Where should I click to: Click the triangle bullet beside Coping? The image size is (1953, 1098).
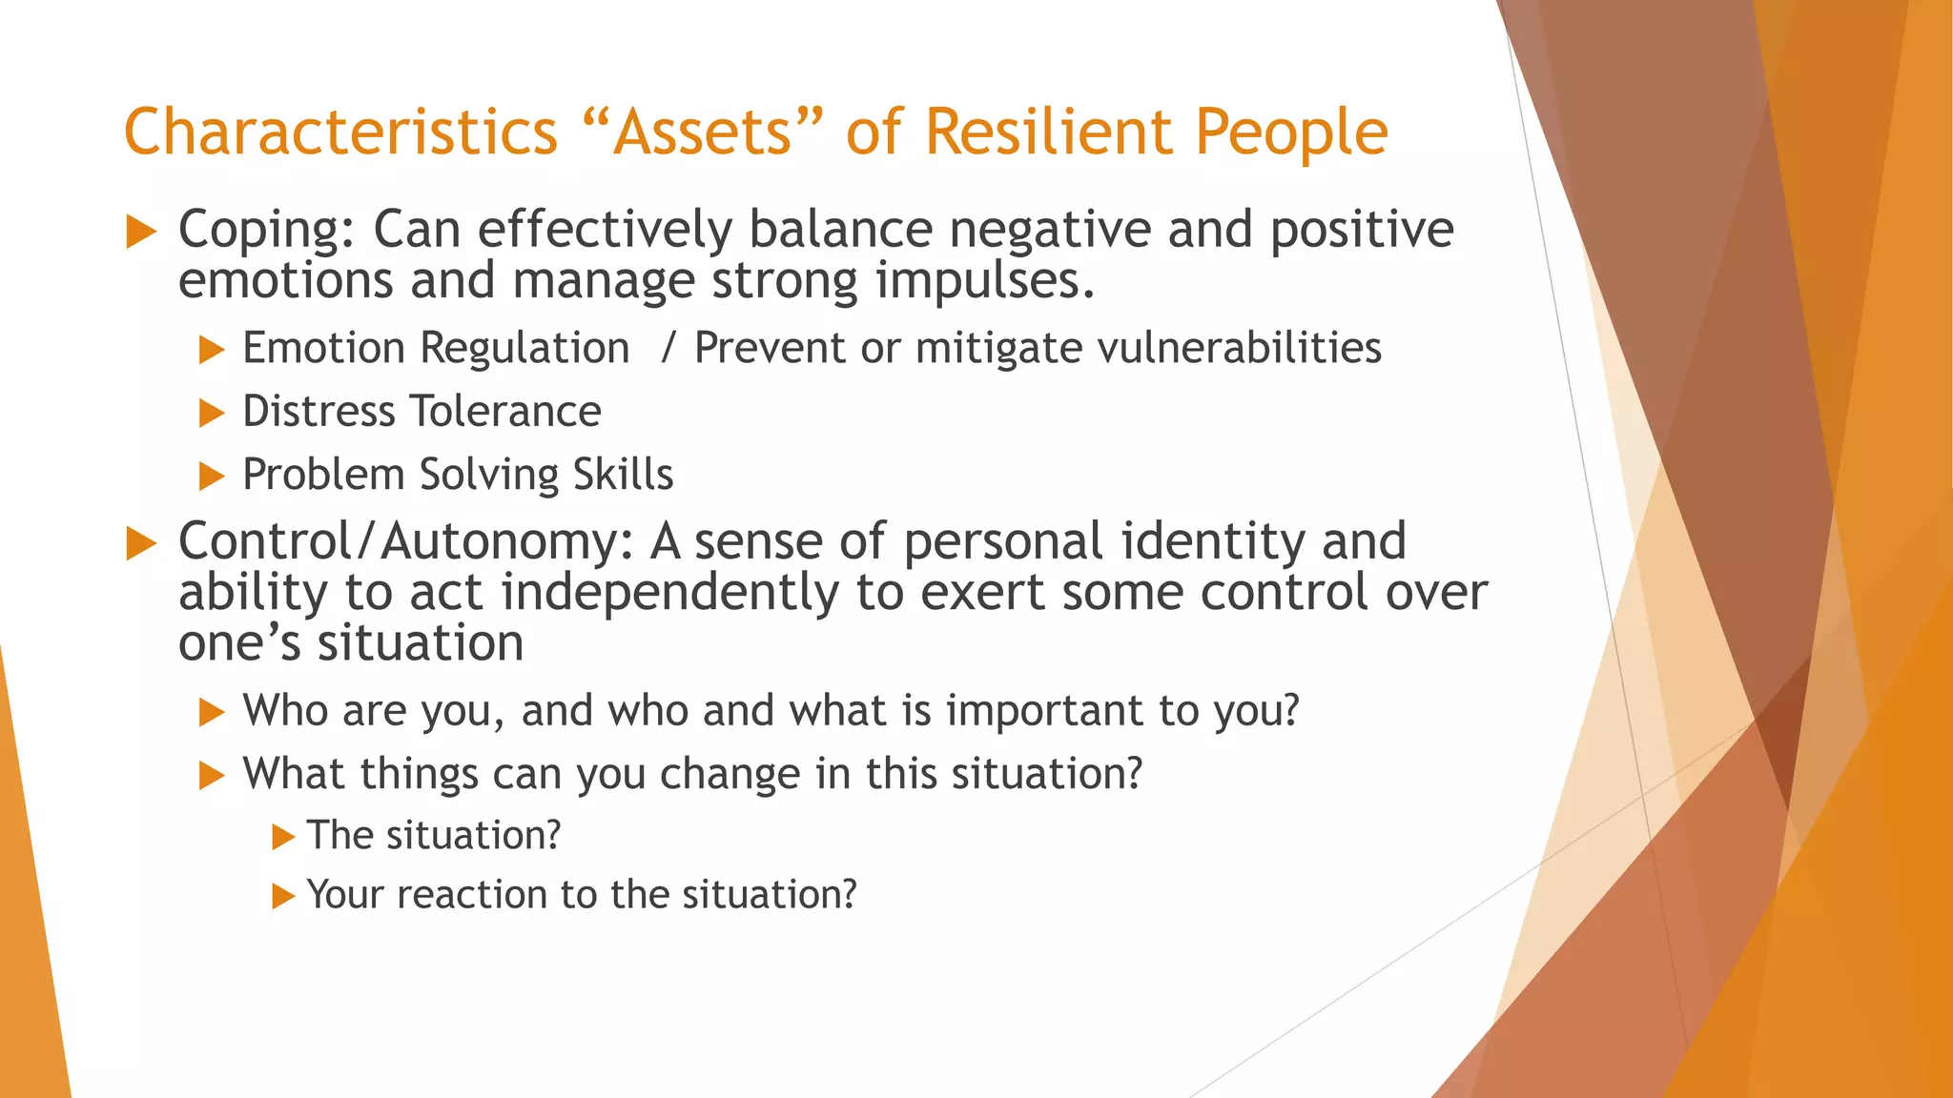coord(141,232)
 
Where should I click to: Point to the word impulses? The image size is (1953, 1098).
coord(984,282)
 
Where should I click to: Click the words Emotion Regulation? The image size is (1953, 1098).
coord(436,348)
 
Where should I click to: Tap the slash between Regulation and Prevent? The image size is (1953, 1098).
coord(668,348)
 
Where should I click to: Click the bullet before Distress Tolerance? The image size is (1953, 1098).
coord(211,413)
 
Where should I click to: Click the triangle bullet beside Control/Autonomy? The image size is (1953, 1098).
coord(141,543)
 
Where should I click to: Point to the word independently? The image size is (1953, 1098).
coord(668,593)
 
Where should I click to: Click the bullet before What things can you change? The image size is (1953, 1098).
coord(211,775)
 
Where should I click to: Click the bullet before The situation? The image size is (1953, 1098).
coord(282,837)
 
